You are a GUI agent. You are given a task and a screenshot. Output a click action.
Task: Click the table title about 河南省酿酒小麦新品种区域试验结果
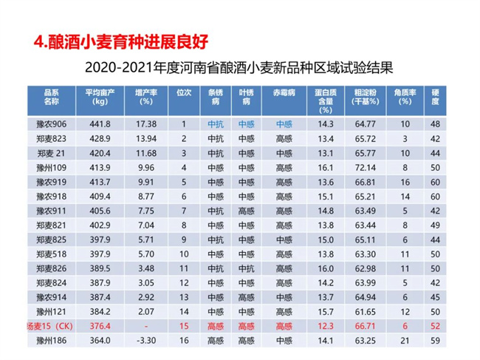point(244,68)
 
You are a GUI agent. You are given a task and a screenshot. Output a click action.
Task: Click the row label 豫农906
point(51,124)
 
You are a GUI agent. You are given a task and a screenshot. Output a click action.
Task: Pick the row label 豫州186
point(51,341)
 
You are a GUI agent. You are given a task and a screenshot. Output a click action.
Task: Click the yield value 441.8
point(99,124)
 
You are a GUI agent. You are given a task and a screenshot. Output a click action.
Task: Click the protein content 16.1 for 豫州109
point(326,168)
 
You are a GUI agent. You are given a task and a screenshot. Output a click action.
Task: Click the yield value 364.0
point(99,341)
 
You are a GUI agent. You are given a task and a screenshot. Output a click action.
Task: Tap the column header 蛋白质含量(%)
point(326,98)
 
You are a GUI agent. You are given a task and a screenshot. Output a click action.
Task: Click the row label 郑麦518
point(51,254)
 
